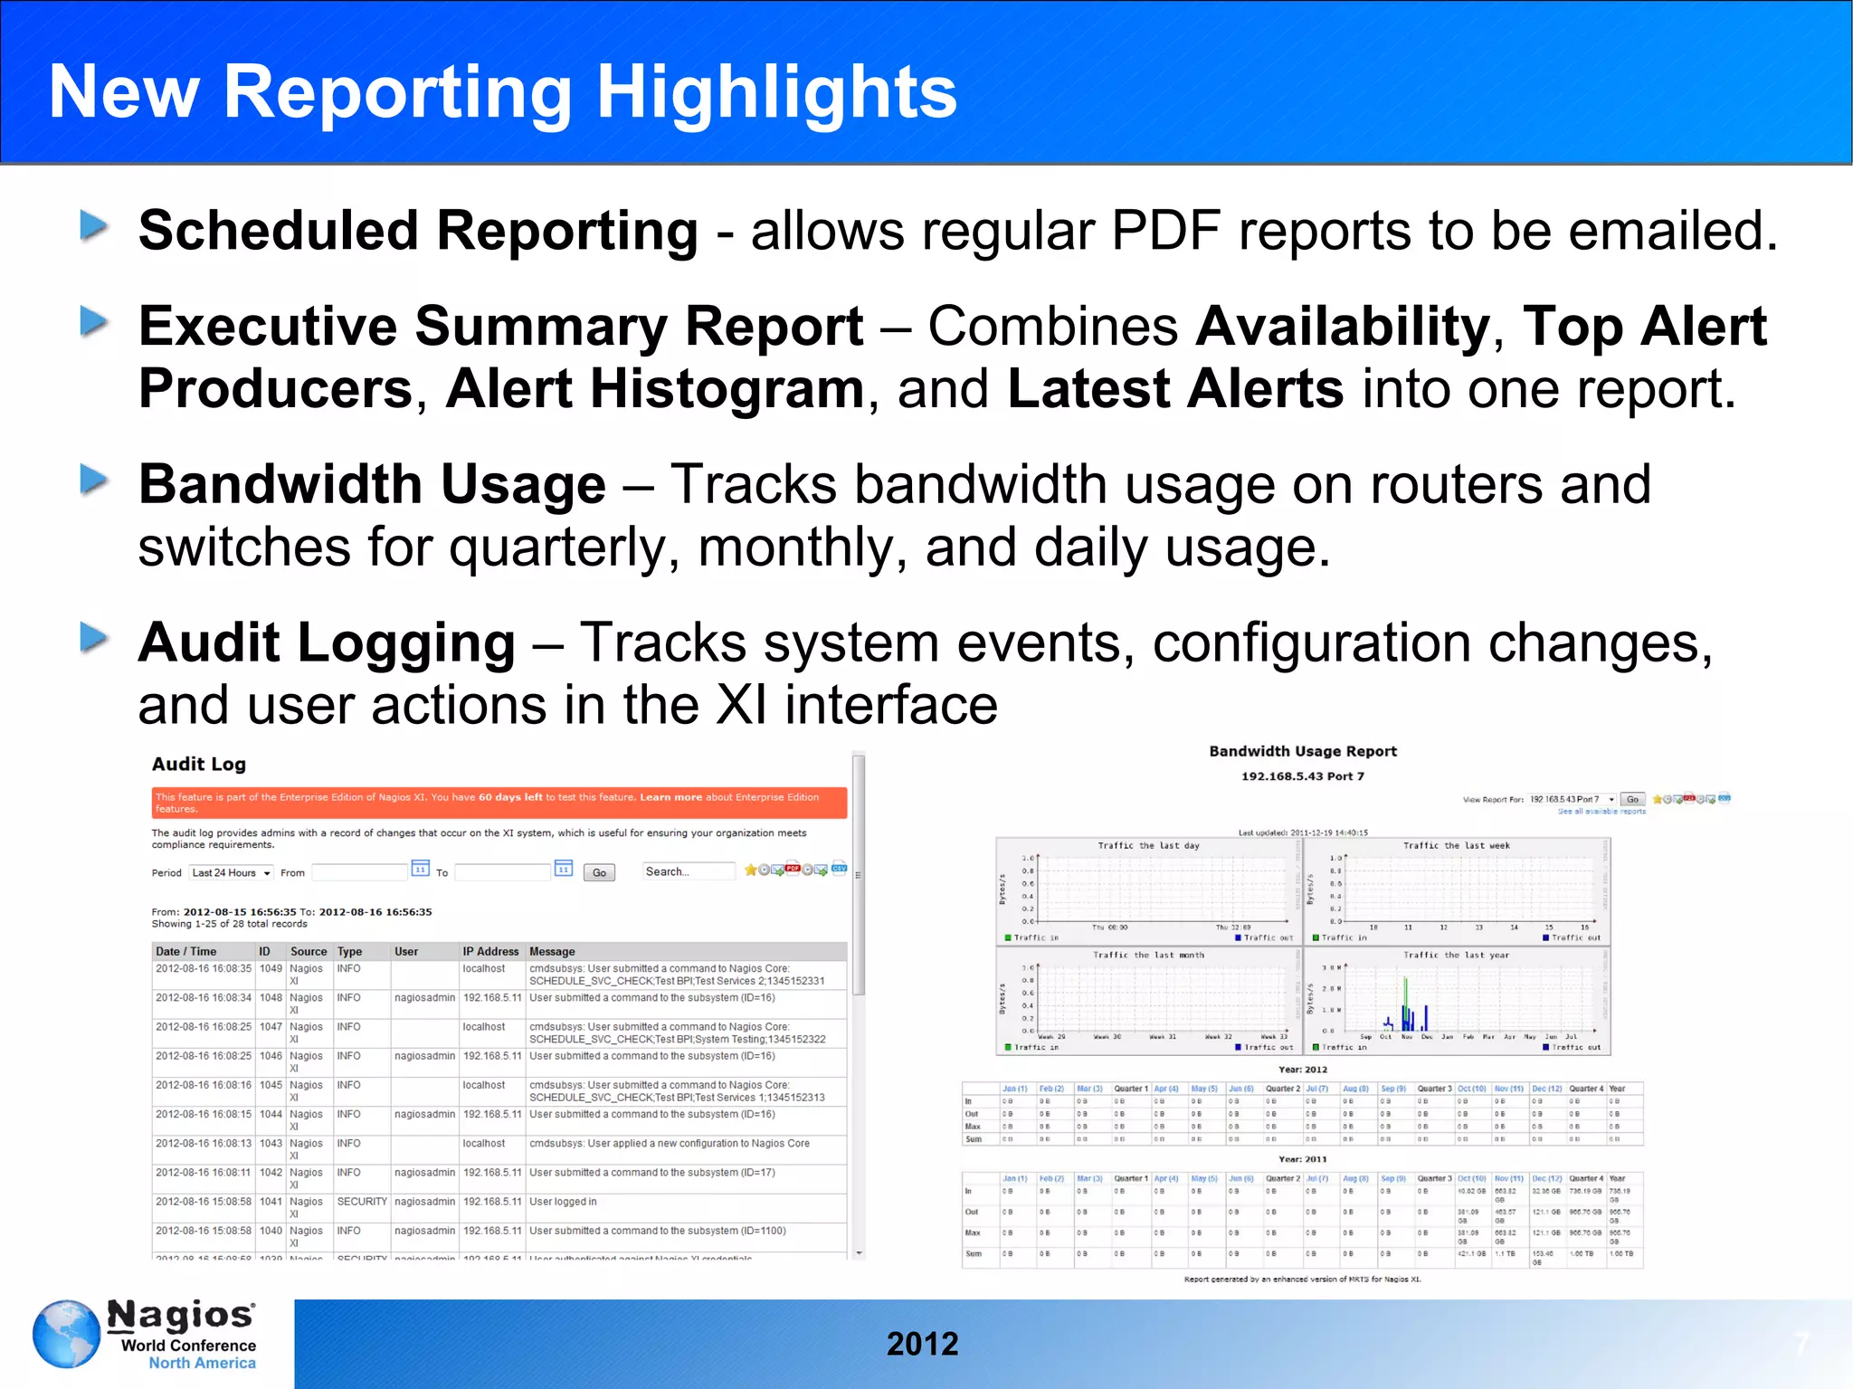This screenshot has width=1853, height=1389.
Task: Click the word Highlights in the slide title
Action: (776, 92)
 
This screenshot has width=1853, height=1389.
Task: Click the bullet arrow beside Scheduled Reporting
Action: (94, 225)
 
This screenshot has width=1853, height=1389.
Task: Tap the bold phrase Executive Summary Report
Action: (500, 326)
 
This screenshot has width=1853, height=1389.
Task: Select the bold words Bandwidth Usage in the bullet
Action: (371, 484)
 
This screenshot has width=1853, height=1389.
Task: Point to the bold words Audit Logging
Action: (326, 642)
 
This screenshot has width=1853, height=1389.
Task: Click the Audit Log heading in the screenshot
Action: (198, 764)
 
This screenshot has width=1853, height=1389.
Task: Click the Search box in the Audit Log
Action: (688, 871)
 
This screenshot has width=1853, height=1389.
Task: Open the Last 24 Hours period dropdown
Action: (231, 872)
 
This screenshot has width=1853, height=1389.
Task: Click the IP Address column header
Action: (490, 951)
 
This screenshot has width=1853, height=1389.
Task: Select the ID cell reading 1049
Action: (271, 968)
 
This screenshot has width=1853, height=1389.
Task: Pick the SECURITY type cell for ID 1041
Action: (362, 1202)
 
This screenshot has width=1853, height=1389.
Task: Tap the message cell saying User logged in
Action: (563, 1202)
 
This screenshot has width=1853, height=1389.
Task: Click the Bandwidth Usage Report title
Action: (1303, 751)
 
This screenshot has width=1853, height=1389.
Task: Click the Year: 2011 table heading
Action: (1303, 1158)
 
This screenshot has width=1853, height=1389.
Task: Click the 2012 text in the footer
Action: (922, 1344)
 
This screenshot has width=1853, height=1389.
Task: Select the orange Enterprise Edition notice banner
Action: (499, 803)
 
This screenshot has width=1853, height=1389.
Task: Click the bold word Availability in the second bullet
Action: (1343, 326)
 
